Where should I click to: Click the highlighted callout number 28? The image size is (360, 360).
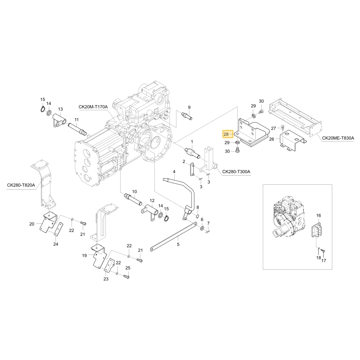(226, 134)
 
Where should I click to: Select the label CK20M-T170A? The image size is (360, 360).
(93, 107)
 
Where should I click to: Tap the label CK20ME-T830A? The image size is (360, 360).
(338, 138)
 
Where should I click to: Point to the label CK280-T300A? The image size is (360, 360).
(236, 171)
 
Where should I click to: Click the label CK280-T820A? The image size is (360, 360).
(21, 185)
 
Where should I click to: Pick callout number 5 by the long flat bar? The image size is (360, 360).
(178, 244)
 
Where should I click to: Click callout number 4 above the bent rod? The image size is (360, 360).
(174, 172)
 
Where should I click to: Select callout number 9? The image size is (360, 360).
(189, 107)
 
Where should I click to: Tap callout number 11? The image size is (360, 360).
(76, 120)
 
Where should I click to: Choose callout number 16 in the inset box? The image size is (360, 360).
(319, 215)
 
